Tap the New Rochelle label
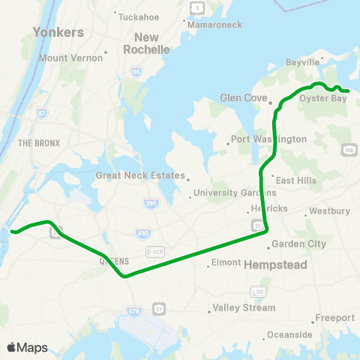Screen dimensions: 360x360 coord(152,43)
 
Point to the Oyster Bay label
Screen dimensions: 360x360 coord(323,97)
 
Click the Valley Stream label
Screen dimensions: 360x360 coord(244,307)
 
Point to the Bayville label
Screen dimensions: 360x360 coord(303,62)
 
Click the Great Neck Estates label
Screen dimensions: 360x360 coord(139,175)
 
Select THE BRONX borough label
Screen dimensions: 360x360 coord(35,142)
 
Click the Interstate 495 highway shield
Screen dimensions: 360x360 coord(142,233)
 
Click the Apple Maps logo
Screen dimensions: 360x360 coord(27,347)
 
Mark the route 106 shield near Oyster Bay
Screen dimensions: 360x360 coord(349,150)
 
